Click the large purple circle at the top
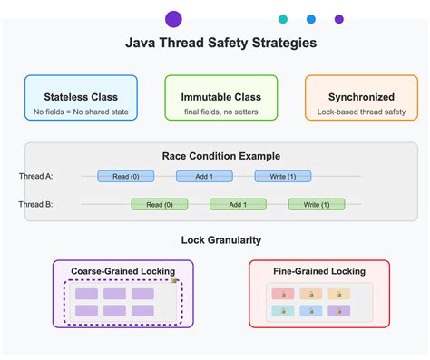coord(173,19)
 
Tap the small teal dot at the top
coord(283,19)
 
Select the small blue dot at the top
coord(311,19)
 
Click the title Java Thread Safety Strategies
coord(220,43)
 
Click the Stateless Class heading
coord(82,97)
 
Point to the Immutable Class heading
coord(221,97)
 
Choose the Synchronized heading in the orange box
coord(361,97)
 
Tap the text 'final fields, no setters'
coord(221,112)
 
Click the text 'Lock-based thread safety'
coord(361,112)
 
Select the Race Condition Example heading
coord(221,156)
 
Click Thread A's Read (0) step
coord(126,176)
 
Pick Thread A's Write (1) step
coord(283,176)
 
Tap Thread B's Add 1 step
coord(238,204)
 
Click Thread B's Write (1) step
coord(317,204)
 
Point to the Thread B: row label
coord(36,204)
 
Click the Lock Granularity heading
coord(221,239)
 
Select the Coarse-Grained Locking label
coord(123,271)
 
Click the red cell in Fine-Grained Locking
coord(282,294)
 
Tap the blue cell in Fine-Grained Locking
coord(310,310)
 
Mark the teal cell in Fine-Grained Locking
coord(282,310)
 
